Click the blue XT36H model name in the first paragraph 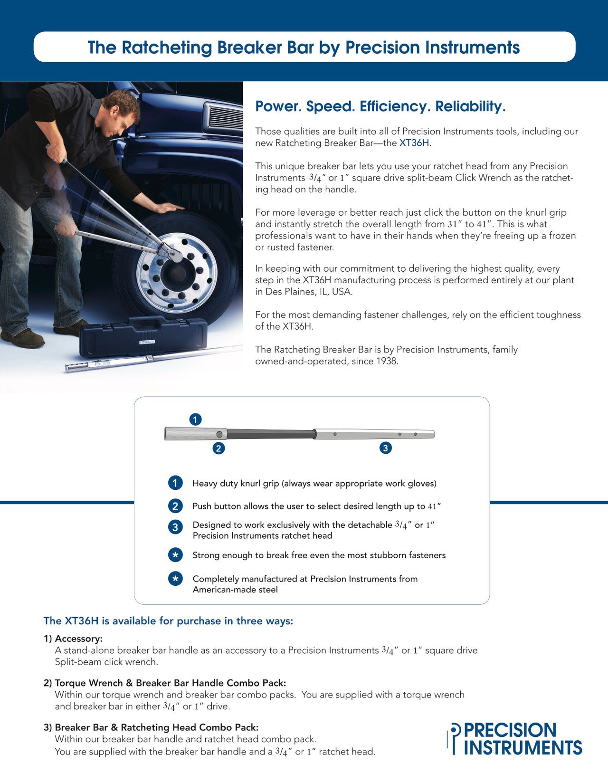point(414,143)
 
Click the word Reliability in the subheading point(469,106)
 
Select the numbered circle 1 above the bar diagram point(195,420)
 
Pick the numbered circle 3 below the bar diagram point(385,448)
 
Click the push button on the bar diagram point(219,434)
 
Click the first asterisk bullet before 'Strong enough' point(175,555)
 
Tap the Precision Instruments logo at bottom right point(515,739)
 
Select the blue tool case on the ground point(142,335)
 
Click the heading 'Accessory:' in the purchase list point(78,639)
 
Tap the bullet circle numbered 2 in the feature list point(175,506)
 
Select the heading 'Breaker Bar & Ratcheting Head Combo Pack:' point(156,727)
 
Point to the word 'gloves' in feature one point(421,484)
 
